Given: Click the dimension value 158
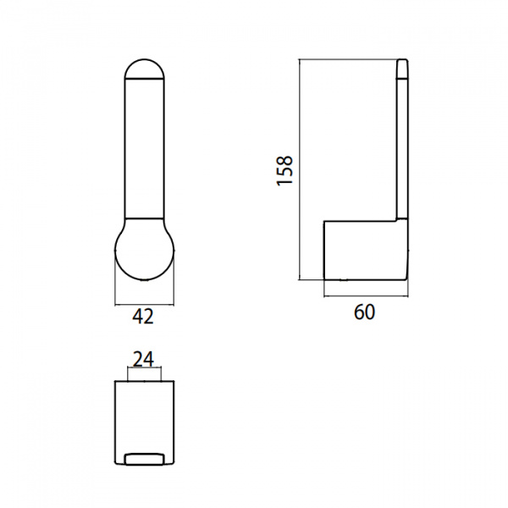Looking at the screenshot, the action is (284, 171).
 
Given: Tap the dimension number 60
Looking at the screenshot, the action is (364, 312).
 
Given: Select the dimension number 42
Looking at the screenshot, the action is (143, 317).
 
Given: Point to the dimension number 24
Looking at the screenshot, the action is (144, 360).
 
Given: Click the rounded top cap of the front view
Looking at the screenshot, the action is (145, 69).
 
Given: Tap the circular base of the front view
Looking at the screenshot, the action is (145, 250).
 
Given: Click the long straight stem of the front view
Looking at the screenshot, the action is (145, 148).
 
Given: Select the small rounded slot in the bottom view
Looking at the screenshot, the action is (144, 460).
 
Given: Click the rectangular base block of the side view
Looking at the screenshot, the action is (366, 250).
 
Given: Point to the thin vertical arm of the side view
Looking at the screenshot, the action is (402, 149).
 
